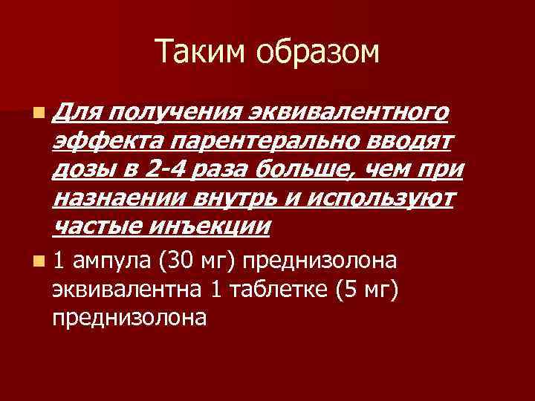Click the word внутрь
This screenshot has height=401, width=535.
tap(233, 198)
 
